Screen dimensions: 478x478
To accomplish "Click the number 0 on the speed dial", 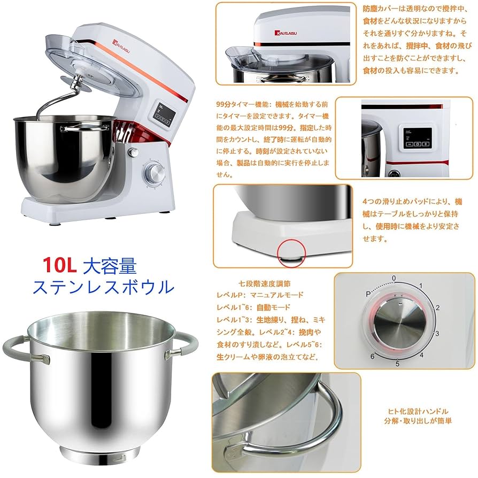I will tap(394, 279).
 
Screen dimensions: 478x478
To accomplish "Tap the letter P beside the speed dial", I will tap(368, 294).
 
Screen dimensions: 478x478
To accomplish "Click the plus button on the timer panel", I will tap(426, 144).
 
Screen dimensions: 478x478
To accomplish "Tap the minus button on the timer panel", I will tap(408, 144).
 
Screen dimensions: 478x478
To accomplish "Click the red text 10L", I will tap(61, 263).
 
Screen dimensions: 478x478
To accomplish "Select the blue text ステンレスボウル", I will tap(103, 287).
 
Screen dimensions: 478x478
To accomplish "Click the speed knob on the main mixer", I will tap(155, 172).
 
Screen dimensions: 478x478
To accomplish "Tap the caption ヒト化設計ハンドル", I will tap(418, 411).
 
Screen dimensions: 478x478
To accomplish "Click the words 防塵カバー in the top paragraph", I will tap(378, 9).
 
